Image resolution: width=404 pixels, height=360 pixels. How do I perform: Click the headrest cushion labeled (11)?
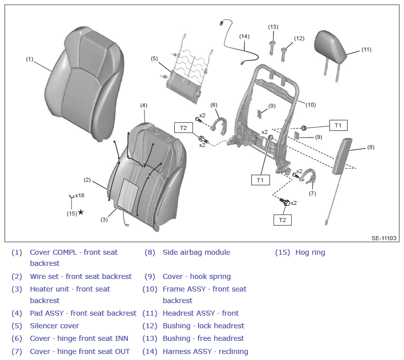tap(331, 48)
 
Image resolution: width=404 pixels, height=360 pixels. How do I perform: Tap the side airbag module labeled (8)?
tap(343, 156)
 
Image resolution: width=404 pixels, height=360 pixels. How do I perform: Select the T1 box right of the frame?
tap(339, 125)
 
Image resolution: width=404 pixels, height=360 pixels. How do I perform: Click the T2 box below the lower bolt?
tap(283, 220)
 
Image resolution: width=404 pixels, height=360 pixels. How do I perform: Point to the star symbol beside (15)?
tap(81, 212)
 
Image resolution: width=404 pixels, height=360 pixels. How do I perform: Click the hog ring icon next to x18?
tap(72, 196)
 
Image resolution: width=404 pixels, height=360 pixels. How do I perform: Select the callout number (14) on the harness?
tap(244, 37)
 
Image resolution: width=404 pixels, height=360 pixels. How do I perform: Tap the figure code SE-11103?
tap(384, 238)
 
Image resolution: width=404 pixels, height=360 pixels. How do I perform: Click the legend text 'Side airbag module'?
tap(196, 252)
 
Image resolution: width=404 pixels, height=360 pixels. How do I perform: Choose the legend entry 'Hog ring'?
tap(310, 252)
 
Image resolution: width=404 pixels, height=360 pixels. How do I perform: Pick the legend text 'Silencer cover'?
tap(54, 326)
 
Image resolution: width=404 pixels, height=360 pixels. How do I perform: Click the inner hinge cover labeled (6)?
tap(219, 126)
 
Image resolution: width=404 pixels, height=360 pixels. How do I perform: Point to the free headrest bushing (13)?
tap(273, 48)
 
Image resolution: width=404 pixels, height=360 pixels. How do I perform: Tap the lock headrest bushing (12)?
tap(284, 54)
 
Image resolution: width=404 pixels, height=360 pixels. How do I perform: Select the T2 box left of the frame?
tap(183, 128)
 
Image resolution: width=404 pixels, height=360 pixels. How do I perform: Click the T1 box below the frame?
tap(260, 180)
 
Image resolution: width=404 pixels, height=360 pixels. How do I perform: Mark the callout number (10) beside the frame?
tap(310, 105)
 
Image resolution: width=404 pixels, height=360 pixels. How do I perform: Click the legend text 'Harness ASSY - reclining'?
tap(206, 351)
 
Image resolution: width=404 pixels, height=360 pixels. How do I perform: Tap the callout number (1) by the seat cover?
tap(30, 59)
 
